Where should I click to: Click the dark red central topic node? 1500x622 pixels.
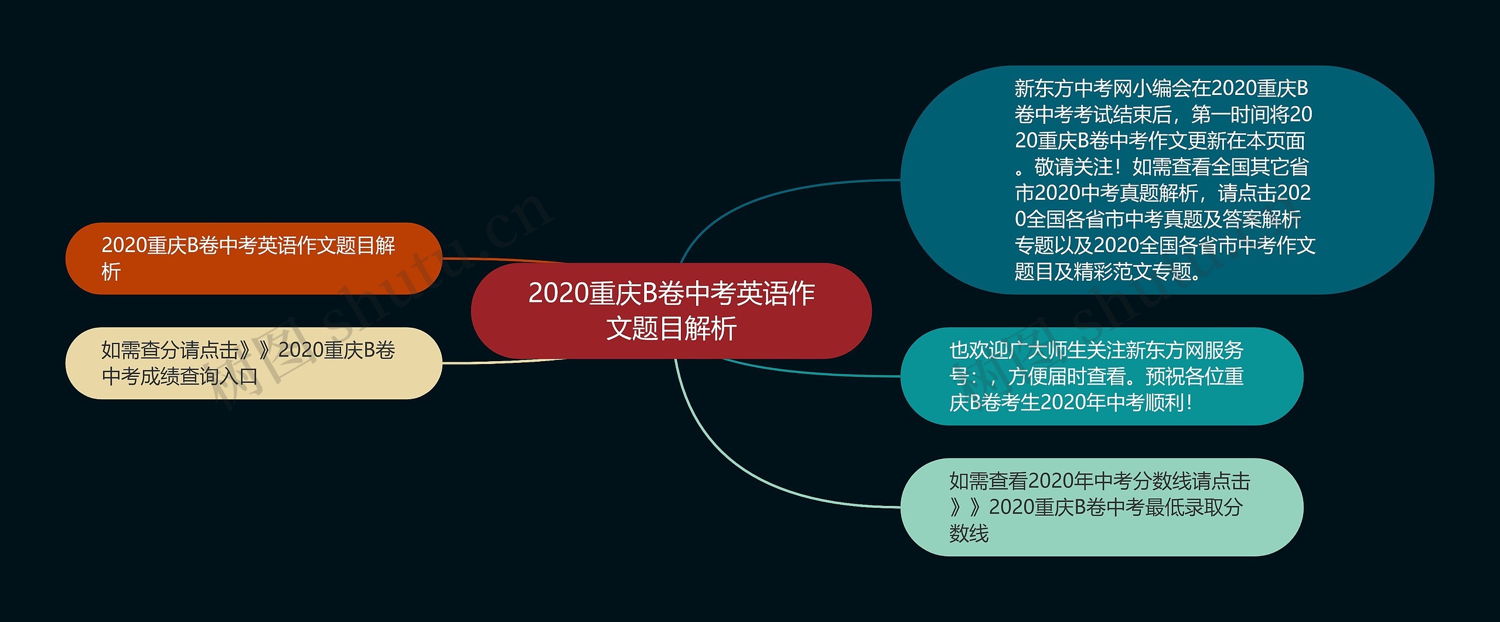pos(671,311)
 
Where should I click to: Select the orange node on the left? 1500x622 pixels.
pos(253,258)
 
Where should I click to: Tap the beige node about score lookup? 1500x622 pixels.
pos(253,363)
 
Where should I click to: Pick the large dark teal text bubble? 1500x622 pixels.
pos(1166,179)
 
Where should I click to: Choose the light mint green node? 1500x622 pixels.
pos(1102,507)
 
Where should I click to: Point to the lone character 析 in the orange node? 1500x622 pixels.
pos(111,271)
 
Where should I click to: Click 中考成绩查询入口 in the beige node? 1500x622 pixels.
pos(180,376)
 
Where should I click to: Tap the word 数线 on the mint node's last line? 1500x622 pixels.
pos(969,533)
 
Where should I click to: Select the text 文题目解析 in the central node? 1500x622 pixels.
pos(671,328)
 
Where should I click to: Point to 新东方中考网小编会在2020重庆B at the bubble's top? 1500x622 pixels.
pos(1161,89)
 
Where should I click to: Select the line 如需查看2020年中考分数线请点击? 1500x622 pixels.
pos(1099,481)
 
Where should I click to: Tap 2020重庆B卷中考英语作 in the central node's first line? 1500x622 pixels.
pos(671,293)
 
